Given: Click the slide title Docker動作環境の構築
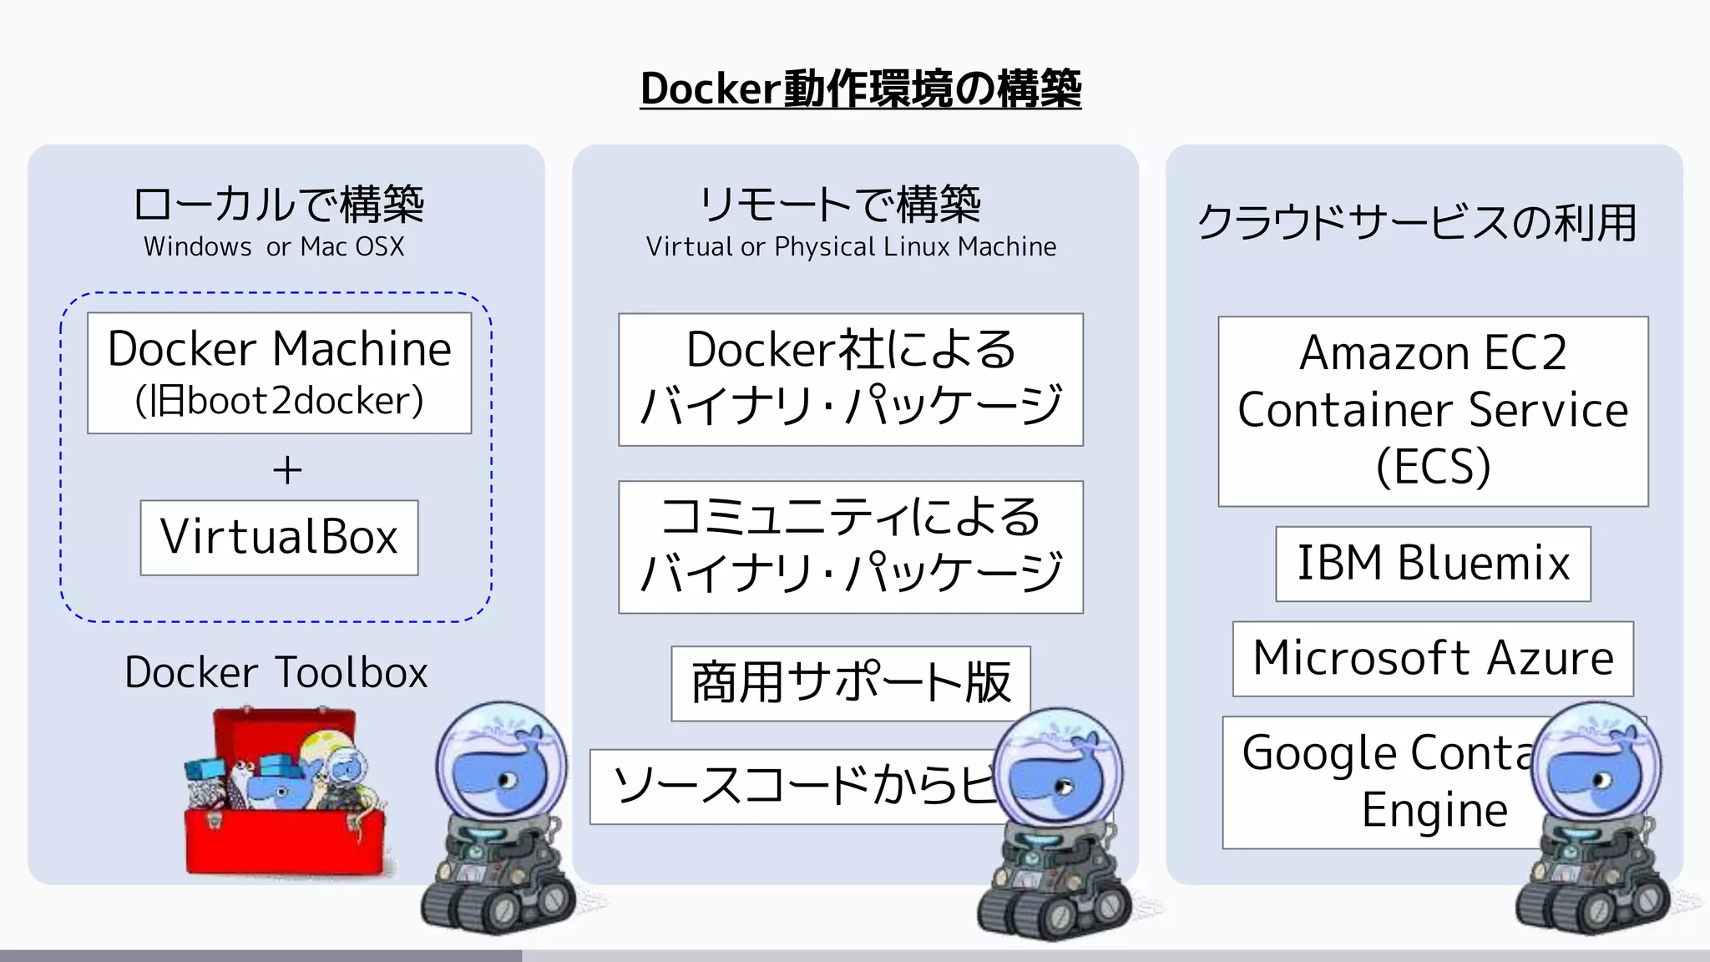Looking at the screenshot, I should pyautogui.click(x=861, y=89).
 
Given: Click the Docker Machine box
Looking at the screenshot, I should pyautogui.click(x=279, y=372).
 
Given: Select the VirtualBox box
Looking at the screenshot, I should pyautogui.click(x=279, y=537).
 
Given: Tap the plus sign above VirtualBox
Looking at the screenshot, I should pyautogui.click(x=287, y=470).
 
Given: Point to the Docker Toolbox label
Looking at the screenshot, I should pyautogui.click(x=276, y=672).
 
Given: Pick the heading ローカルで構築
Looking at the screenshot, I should pyautogui.click(x=279, y=205).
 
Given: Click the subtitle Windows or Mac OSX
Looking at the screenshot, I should pyautogui.click(x=274, y=247).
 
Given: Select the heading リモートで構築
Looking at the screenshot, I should pyautogui.click(x=840, y=205).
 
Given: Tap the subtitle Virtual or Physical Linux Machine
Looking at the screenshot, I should pyautogui.click(x=851, y=247).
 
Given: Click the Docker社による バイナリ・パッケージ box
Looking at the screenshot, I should pyautogui.click(x=850, y=379).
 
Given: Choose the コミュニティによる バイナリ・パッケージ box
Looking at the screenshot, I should pyautogui.click(x=850, y=546).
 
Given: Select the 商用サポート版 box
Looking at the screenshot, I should pyautogui.click(x=850, y=683).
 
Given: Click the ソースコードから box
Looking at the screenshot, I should pyautogui.click(x=793, y=787).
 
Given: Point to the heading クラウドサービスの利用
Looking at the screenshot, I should pyautogui.click(x=1417, y=223).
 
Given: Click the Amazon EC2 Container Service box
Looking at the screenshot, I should pyautogui.click(x=1433, y=411).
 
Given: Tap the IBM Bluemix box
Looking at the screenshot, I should pyautogui.click(x=1433, y=564).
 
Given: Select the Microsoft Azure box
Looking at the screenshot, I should pyautogui.click(x=1433, y=658).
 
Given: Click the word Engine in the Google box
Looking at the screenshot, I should pyautogui.click(x=1434, y=810).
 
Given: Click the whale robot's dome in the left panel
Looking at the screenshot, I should pyautogui.click(x=501, y=764).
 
